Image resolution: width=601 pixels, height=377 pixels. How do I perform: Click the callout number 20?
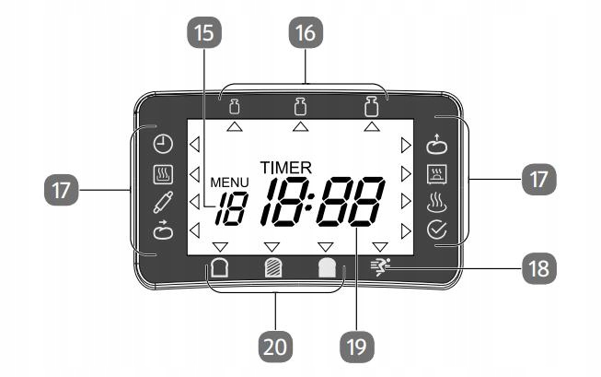tap(276, 347)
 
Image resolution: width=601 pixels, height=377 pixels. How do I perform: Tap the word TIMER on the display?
tap(285, 168)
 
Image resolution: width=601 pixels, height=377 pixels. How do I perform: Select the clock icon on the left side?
tap(162, 144)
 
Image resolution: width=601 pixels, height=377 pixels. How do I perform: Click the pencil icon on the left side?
tap(162, 201)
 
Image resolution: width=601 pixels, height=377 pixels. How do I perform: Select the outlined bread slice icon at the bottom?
tap(220, 270)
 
